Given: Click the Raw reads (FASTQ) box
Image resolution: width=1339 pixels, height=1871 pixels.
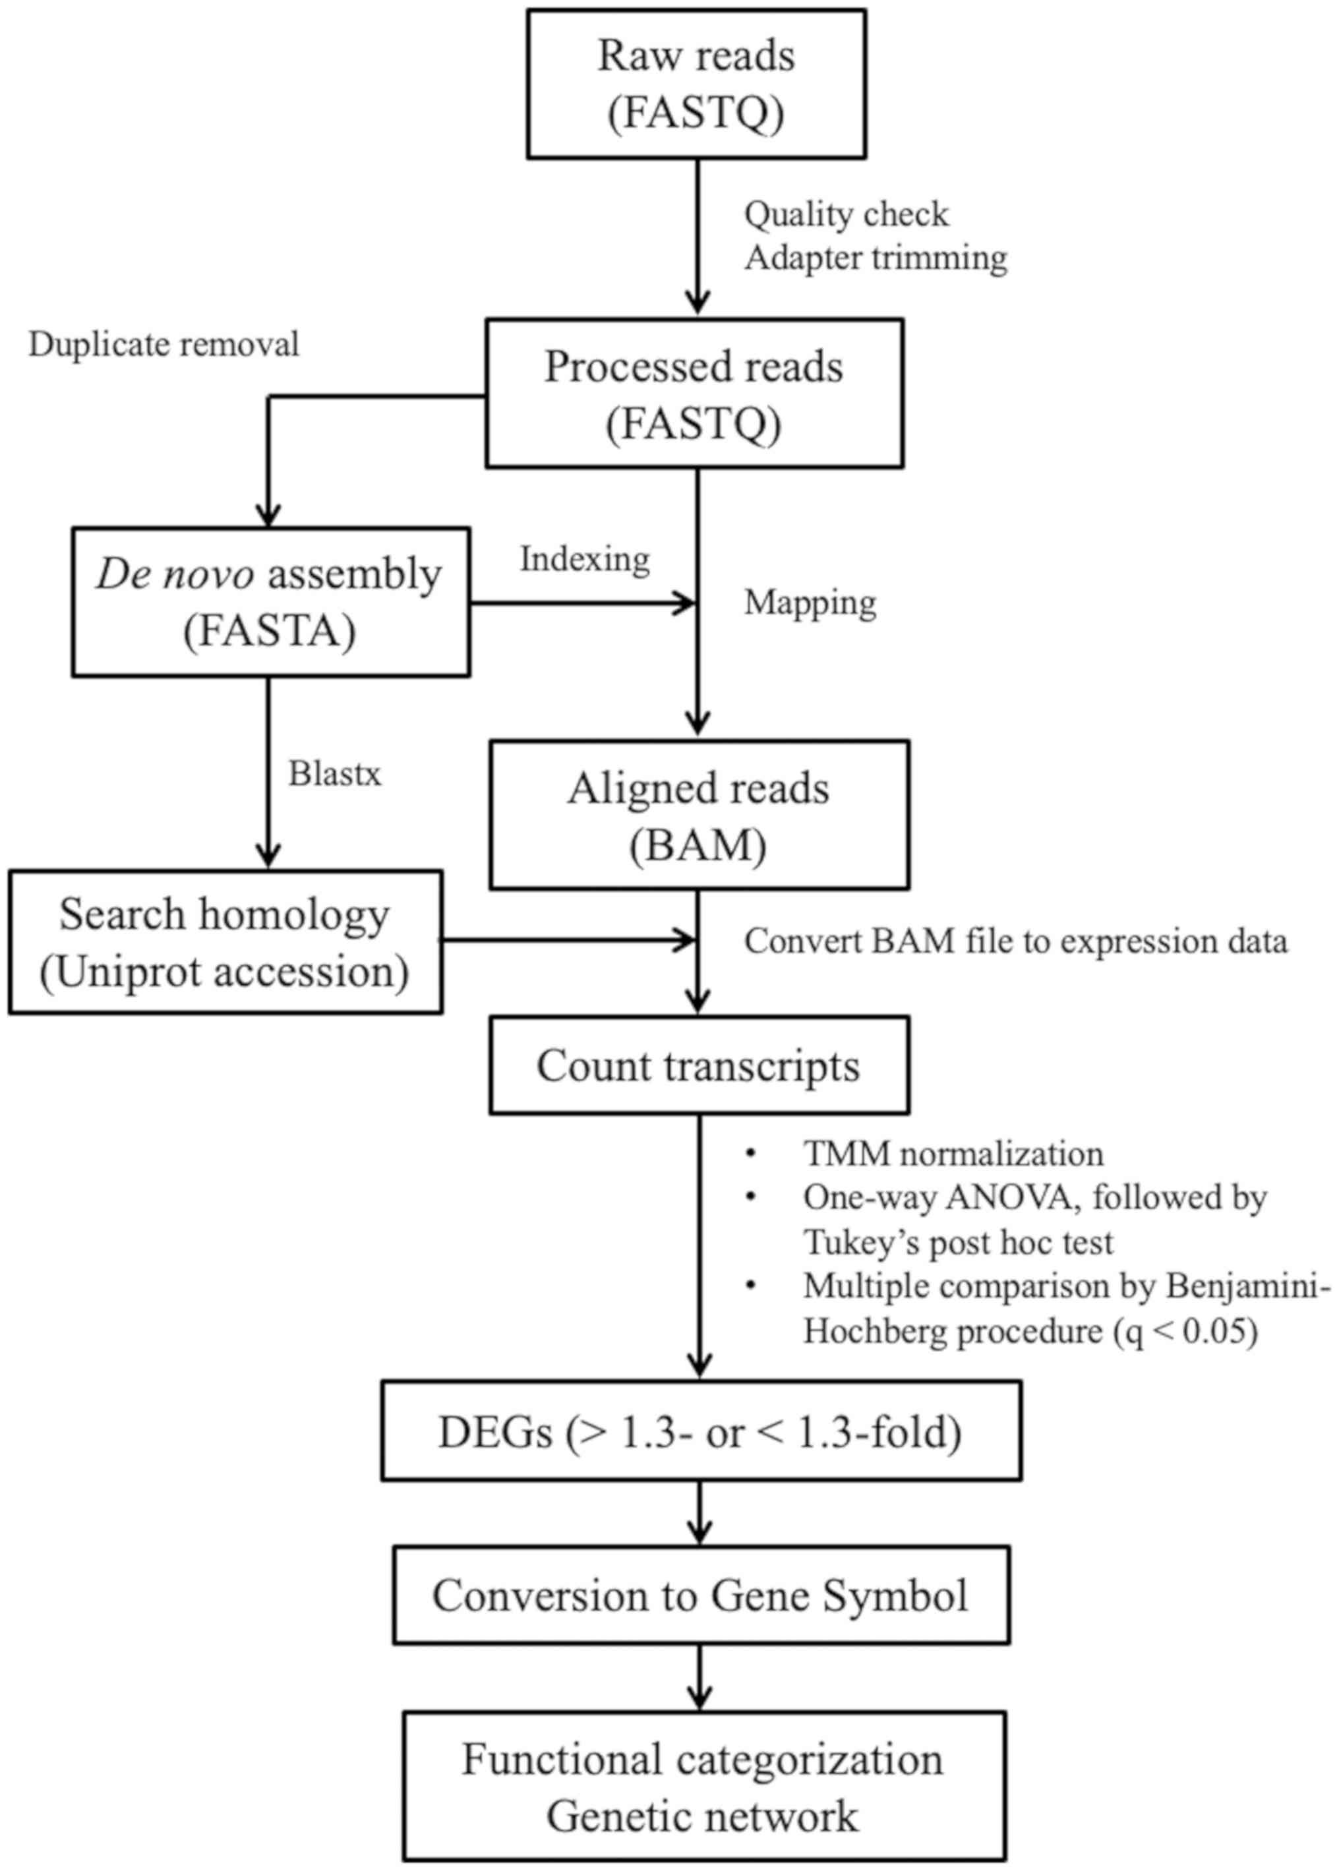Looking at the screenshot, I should [697, 84].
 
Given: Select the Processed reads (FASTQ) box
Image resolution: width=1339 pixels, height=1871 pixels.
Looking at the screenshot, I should [694, 394].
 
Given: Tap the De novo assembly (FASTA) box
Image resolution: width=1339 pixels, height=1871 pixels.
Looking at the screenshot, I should [270, 602].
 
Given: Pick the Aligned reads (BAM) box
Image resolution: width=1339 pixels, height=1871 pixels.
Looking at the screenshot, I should [699, 815].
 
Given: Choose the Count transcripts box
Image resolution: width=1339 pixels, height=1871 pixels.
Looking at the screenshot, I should [699, 1065].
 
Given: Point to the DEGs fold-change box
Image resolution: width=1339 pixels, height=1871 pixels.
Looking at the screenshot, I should [701, 1431].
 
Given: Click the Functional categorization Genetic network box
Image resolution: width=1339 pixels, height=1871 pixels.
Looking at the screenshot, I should [704, 1786].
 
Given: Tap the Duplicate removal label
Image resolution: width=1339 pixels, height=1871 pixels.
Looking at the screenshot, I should [164, 345].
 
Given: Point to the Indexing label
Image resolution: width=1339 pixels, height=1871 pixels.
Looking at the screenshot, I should [585, 559].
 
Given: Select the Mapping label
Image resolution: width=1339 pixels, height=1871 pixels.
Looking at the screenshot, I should [810, 602].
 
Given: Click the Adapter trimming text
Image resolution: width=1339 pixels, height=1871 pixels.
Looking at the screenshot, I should [876, 258].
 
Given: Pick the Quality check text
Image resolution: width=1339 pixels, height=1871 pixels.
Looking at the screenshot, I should [846, 214].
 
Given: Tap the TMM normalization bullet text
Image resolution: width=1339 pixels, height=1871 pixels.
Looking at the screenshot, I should [953, 1154].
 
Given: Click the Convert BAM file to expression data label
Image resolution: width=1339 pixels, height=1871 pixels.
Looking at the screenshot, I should [1015, 941].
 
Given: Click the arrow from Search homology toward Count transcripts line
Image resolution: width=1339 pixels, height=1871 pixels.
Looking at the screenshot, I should [569, 939].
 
